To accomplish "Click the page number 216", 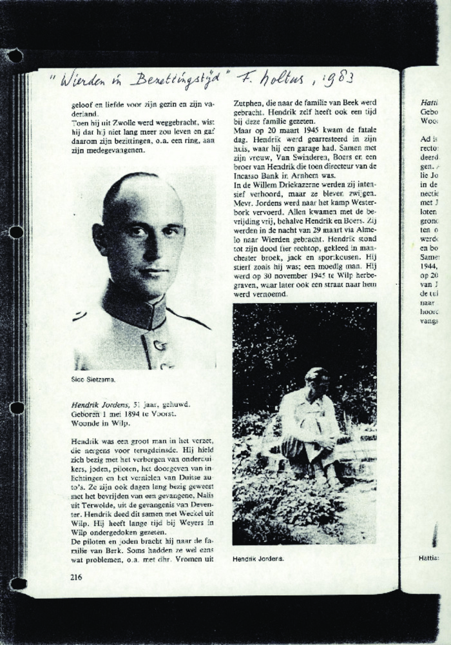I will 76,577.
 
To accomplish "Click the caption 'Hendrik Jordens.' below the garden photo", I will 258,559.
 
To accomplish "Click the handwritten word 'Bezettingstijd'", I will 175,79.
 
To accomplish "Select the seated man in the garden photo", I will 309,426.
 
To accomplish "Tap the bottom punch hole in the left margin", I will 17,583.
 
